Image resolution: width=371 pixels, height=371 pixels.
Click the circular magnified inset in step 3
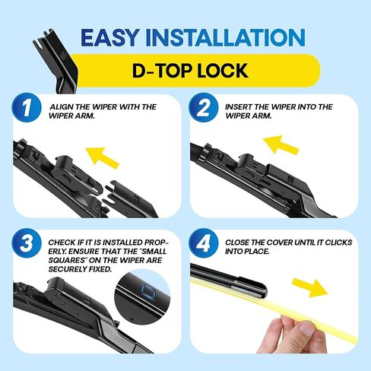(x=144, y=296)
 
